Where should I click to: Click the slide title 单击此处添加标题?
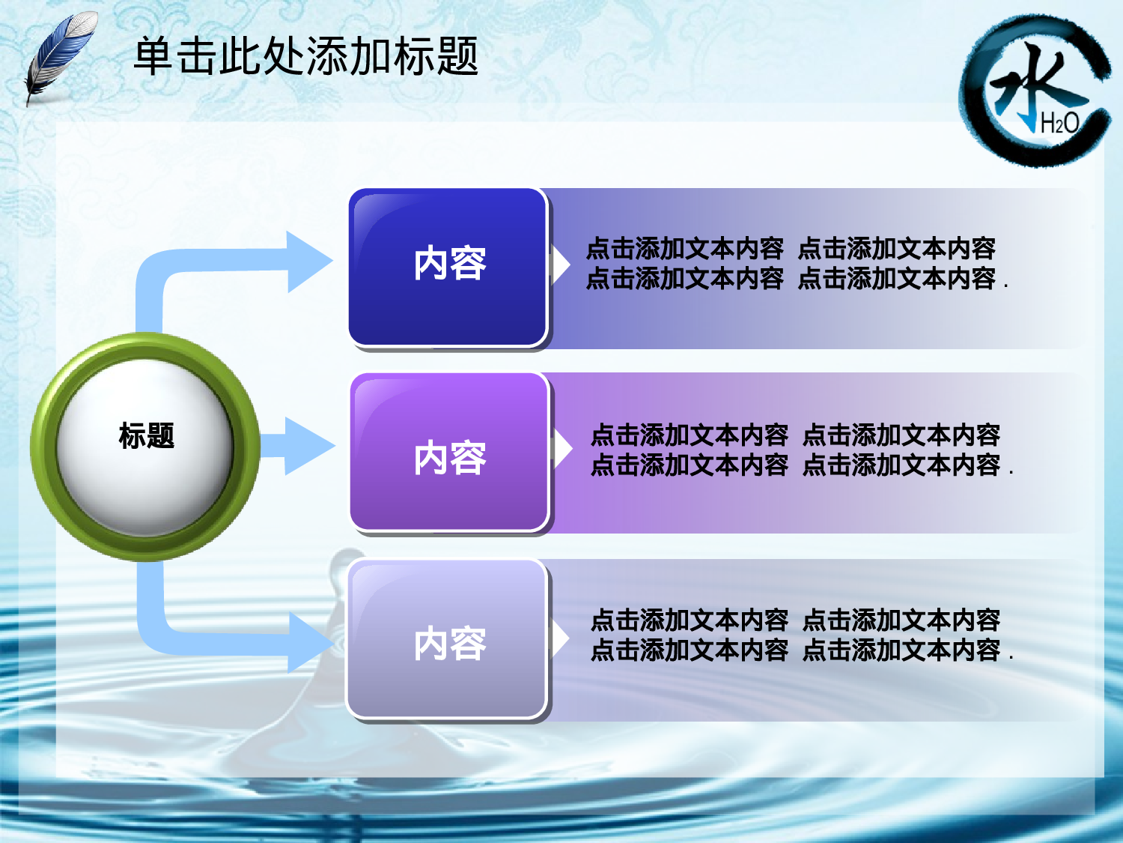tap(305, 56)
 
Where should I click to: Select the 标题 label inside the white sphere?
tap(147, 435)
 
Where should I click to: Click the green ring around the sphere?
tap(45, 447)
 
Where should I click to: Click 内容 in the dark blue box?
tap(450, 265)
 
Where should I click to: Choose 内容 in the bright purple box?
tap(450, 458)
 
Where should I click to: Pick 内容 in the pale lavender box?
tap(450, 644)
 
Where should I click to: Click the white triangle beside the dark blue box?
tap(560, 265)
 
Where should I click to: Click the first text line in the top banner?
tap(790, 248)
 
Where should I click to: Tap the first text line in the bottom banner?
tap(795, 620)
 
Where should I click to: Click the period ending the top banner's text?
tap(1005, 286)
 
